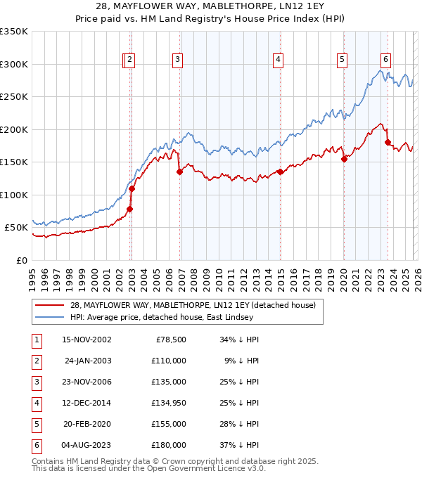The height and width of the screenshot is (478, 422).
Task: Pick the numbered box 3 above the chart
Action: click(178, 60)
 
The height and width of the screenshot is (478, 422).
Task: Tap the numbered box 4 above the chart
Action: click(279, 60)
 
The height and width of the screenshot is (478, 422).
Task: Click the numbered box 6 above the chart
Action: click(386, 60)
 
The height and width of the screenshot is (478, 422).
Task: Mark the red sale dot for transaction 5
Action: click(345, 159)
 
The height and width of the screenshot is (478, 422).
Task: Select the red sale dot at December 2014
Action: click(280, 172)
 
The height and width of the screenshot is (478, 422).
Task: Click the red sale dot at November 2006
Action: click(180, 172)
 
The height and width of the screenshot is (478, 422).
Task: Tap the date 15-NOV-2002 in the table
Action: click(87, 340)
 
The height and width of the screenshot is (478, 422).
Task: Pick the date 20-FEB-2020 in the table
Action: click(87, 424)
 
